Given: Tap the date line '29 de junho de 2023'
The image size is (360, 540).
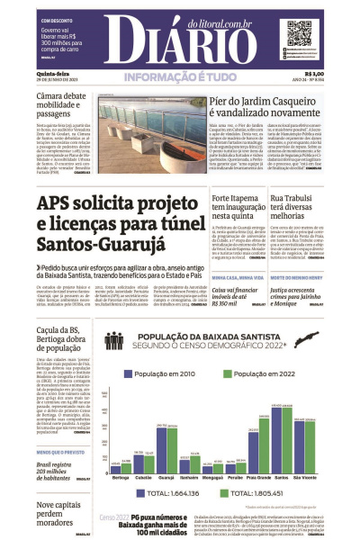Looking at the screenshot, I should tap(42, 81).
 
